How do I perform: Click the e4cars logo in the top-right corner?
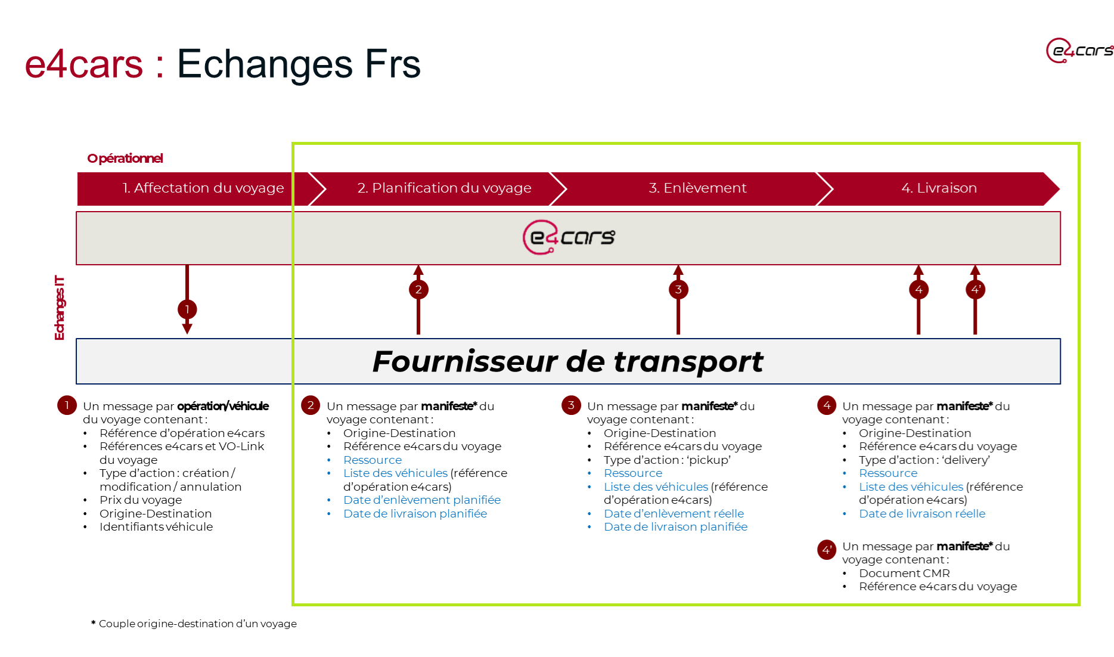click(x=1079, y=51)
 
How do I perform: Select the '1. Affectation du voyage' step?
click(x=203, y=188)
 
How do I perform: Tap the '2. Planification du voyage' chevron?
click(x=444, y=188)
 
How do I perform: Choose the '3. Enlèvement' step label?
click(x=697, y=188)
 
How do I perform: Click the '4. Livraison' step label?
click(x=939, y=188)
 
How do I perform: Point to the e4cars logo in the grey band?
click(x=569, y=237)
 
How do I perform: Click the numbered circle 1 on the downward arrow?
click(x=187, y=309)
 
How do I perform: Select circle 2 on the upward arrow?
click(x=418, y=290)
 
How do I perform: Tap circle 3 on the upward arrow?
click(x=678, y=290)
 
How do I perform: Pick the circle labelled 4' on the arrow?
click(x=975, y=290)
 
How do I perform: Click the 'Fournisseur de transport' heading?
click(x=567, y=361)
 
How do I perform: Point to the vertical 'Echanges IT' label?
click(x=60, y=308)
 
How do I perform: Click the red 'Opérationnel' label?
click(x=125, y=159)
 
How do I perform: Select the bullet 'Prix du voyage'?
click(x=141, y=500)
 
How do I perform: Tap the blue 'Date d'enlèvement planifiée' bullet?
click(x=421, y=500)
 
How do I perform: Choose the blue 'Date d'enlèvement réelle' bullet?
click(x=674, y=513)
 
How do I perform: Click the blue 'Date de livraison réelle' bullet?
click(x=921, y=513)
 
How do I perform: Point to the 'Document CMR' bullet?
click(x=904, y=573)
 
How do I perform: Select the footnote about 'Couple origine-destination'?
click(x=197, y=624)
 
